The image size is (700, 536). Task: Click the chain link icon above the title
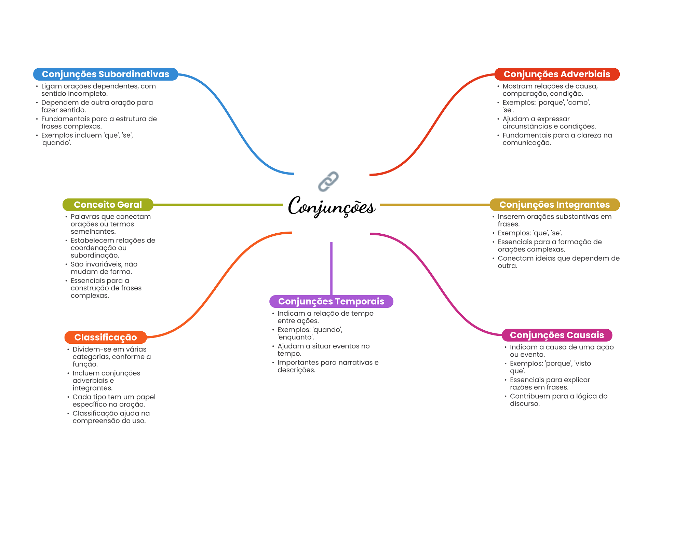(328, 181)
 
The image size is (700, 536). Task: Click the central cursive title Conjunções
(332, 206)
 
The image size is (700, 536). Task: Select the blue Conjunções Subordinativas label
(106, 74)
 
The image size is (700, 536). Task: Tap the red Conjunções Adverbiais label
(557, 74)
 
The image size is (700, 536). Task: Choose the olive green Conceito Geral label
(108, 205)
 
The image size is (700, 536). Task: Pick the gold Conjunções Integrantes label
(554, 205)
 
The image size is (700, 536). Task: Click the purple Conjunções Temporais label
(331, 301)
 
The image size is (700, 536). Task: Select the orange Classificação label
(106, 337)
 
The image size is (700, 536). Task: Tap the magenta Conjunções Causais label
(557, 335)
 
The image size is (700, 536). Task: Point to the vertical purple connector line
(331, 269)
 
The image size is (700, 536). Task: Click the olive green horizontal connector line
(218, 205)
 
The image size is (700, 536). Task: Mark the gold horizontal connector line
(435, 205)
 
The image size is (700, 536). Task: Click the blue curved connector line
(236, 124)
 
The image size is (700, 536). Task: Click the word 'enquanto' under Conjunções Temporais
(296, 337)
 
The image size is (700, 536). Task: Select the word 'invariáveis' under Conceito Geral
(104, 264)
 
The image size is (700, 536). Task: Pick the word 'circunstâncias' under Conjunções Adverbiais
(526, 126)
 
